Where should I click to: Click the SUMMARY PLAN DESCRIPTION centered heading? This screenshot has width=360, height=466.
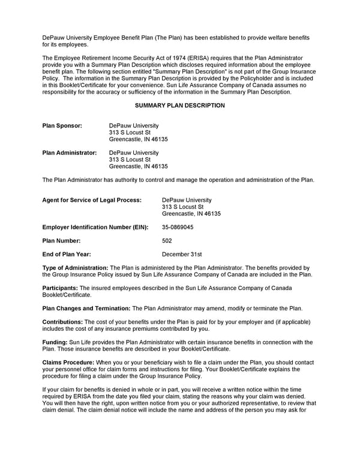pyautogui.click(x=180, y=106)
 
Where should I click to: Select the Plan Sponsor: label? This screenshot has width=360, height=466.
pyautogui.click(x=62, y=126)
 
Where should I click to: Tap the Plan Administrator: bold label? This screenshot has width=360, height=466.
pyautogui.click(x=70, y=153)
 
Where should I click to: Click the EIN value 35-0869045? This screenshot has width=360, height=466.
pyautogui.click(x=178, y=227)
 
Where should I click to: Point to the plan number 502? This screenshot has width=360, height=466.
pyautogui.click(x=167, y=240)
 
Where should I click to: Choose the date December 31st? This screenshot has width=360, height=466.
pyautogui.click(x=182, y=254)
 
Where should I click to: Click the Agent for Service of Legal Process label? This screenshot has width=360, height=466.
pyautogui.click(x=92, y=200)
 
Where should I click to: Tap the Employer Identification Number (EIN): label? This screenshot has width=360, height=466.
pyautogui.click(x=95, y=227)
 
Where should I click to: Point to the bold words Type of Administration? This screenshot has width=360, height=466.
pyautogui.click(x=75, y=267)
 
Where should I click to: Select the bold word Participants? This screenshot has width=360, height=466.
pyautogui.click(x=60, y=288)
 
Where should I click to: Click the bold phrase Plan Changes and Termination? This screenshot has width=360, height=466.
pyautogui.click(x=86, y=309)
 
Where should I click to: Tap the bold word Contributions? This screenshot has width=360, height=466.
pyautogui.click(x=62, y=322)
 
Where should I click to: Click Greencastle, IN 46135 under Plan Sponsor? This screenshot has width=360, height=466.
pyautogui.click(x=139, y=139)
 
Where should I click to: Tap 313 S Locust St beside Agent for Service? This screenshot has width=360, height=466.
pyautogui.click(x=183, y=207)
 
